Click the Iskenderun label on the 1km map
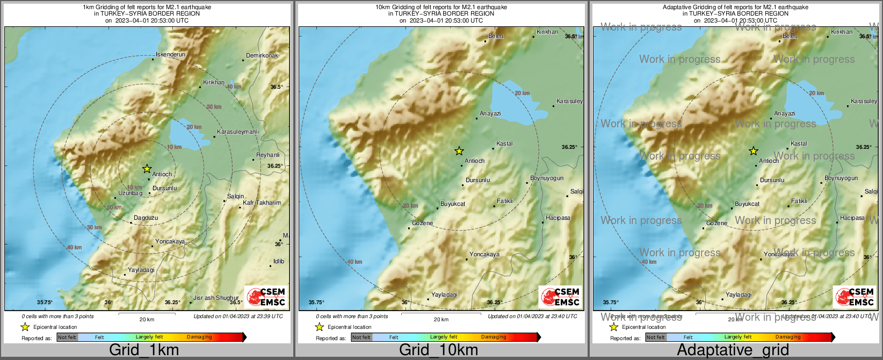pyautogui.click(x=170, y=55)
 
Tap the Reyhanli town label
pyautogui.click(x=267, y=155)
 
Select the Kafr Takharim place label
pyautogui.click(x=262, y=203)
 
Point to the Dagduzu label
pyautogui.click(x=146, y=218)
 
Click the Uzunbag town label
pyautogui.click(x=130, y=193)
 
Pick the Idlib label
pyautogui.click(x=279, y=262)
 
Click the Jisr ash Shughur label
pyautogui.click(x=216, y=298)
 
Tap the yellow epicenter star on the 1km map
pyautogui.click(x=147, y=169)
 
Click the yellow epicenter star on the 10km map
pyautogui.click(x=459, y=151)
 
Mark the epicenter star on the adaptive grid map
pyautogui.click(x=754, y=151)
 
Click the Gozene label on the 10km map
pyautogui.click(x=422, y=224)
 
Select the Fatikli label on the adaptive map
pyautogui.click(x=799, y=201)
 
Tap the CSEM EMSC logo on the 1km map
pyautogui.click(x=266, y=297)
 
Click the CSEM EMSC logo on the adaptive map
pyautogui.click(x=855, y=297)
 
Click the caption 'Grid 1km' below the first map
pyautogui.click(x=143, y=350)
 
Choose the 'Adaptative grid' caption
pyautogui.click(x=733, y=350)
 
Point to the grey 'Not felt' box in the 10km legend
pyautogui.click(x=361, y=337)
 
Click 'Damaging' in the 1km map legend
pyautogui.click(x=199, y=337)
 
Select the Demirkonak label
pyautogui.click(x=262, y=56)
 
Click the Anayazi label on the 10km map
pyautogui.click(x=490, y=114)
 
